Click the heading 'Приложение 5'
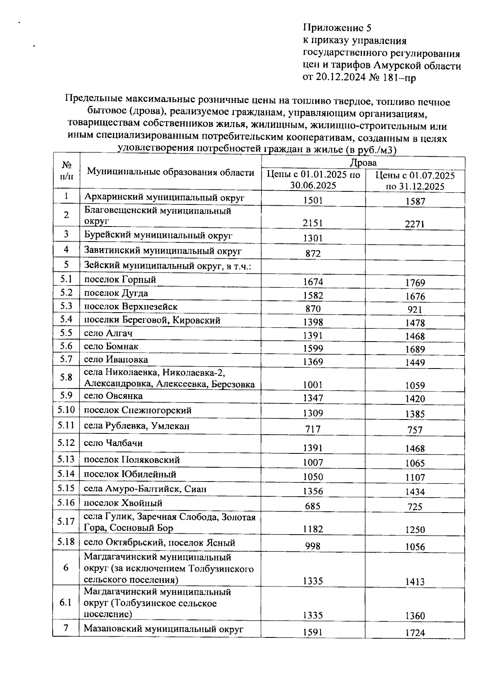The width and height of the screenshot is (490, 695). coord(337,28)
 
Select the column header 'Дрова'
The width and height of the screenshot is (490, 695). coord(363,163)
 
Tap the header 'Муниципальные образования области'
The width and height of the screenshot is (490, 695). coord(171,172)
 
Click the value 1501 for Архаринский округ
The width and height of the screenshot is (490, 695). coord(313,200)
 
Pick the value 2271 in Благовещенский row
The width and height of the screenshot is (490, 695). coord(415,224)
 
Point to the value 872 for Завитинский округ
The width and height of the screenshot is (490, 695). coord(313,254)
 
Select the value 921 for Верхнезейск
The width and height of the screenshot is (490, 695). coord(415,310)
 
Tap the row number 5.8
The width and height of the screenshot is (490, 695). coord(66,377)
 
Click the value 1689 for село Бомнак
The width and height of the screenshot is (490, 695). coord(415,349)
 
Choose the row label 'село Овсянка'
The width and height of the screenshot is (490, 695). coord(114,396)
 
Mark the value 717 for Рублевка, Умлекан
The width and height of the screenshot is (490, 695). coord(313,429)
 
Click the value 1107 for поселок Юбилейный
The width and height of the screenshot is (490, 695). coord(415,477)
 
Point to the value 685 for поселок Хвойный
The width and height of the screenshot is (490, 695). coord(313,506)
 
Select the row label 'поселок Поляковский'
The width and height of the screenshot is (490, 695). coord(132,460)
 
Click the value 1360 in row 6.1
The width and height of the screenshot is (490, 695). coord(415,616)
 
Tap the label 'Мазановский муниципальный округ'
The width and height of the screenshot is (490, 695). coord(163,628)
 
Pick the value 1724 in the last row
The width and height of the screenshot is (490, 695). coord(415,633)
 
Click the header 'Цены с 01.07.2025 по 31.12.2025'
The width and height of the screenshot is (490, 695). coord(415,181)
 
